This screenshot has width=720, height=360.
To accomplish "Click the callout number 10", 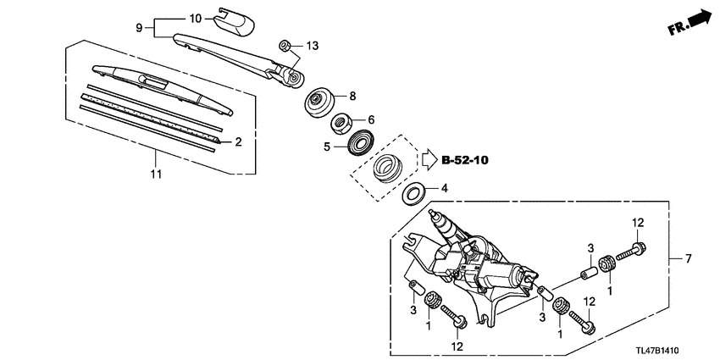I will point(195,18).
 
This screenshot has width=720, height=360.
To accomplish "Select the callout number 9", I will point(141,28).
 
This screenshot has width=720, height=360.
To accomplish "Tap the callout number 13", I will point(313,45).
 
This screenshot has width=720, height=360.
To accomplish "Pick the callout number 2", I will point(238,142).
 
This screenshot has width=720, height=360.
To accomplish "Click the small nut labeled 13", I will point(286,46).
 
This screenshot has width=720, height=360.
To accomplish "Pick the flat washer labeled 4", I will point(413,193).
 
